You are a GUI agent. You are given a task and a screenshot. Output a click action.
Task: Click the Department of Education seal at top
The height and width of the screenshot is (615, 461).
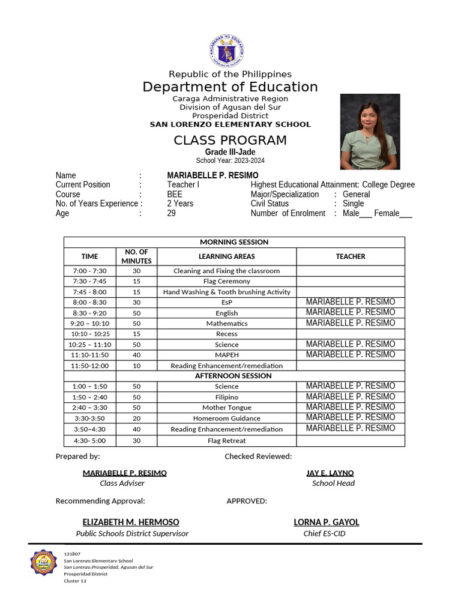click(227, 51)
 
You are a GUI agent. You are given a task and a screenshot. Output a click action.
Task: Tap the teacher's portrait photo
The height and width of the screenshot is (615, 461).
click(370, 131)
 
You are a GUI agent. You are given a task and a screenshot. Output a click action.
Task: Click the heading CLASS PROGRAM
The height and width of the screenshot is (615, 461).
click(230, 141)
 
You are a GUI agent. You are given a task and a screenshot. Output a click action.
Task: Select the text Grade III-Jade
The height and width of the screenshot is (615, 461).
click(230, 152)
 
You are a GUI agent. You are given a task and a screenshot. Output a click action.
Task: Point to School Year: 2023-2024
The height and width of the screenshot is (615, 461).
click(230, 160)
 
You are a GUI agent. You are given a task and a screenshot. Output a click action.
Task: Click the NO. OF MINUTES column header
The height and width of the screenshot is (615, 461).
click(136, 256)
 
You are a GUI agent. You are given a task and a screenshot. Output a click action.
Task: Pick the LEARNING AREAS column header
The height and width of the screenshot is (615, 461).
click(226, 256)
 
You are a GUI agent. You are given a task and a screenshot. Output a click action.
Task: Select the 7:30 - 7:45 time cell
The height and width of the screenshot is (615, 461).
click(89, 281)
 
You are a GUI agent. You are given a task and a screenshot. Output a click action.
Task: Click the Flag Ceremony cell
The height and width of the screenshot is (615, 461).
click(226, 281)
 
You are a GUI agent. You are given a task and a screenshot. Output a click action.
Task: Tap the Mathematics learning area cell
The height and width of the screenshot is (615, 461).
click(226, 323)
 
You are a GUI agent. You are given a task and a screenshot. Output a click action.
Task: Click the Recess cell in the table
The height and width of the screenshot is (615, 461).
click(226, 334)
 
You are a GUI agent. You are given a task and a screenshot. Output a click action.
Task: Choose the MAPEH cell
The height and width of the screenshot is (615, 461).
click(226, 355)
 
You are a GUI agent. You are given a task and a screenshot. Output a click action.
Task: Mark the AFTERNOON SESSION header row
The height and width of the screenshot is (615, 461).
click(233, 376)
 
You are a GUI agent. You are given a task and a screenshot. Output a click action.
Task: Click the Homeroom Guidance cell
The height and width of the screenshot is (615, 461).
click(226, 418)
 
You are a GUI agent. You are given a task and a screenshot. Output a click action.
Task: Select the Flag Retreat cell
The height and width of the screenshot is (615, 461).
click(226, 441)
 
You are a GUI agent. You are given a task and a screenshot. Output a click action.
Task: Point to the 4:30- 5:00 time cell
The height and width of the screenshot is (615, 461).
click(89, 441)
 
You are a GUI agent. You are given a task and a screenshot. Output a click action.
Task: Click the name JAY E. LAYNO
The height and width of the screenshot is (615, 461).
click(330, 473)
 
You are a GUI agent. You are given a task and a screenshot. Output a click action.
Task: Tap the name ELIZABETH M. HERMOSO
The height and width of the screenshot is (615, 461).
click(131, 523)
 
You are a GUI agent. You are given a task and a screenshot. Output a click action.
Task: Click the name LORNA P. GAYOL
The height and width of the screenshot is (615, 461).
click(326, 523)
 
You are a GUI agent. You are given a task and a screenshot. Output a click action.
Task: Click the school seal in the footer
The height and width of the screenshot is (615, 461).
click(44, 563)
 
